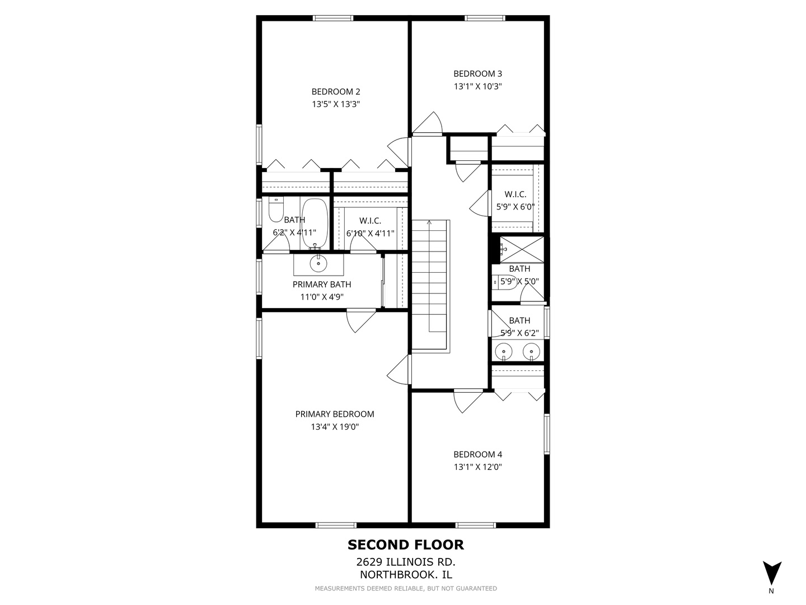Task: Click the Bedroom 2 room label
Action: point(335,91)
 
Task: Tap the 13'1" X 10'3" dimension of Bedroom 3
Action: point(477,86)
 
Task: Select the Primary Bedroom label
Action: point(335,414)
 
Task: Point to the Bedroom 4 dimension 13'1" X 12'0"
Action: point(477,467)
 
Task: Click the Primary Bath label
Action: point(322,284)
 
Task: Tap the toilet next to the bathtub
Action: point(276,210)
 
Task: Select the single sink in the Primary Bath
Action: point(319,262)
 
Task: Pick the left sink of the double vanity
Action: point(504,352)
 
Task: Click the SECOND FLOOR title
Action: point(405,544)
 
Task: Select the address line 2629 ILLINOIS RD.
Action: point(405,562)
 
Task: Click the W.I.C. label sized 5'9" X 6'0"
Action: point(515,200)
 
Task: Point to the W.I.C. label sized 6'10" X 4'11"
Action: point(370,227)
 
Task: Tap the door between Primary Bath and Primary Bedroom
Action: point(360,320)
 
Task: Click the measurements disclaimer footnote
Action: point(405,588)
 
